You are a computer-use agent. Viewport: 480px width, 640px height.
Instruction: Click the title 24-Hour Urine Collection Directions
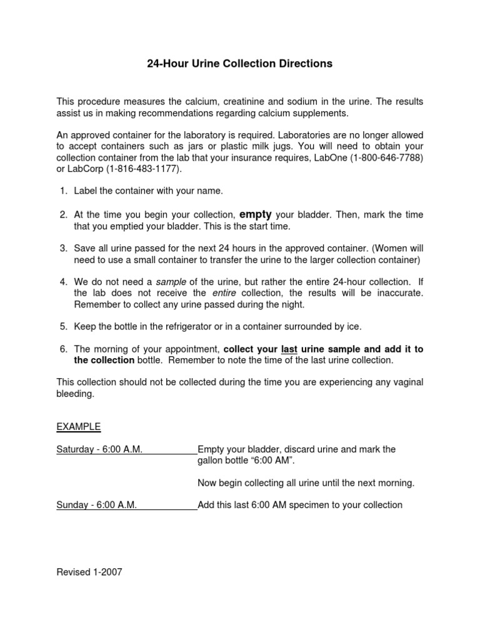(x=239, y=64)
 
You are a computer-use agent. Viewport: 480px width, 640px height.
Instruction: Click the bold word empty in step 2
(x=256, y=214)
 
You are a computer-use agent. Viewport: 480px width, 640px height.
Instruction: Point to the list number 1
(x=63, y=191)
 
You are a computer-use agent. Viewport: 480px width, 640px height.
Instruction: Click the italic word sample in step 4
(x=169, y=282)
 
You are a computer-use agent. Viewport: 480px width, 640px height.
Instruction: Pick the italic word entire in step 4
(x=224, y=293)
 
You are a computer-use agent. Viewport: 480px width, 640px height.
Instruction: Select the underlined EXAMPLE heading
(x=79, y=427)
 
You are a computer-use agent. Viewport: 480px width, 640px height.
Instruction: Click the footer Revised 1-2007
(x=89, y=572)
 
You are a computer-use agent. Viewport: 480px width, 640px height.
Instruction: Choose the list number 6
(x=63, y=349)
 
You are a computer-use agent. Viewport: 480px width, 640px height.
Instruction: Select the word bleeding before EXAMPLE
(x=75, y=394)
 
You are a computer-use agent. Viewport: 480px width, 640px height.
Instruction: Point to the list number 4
(x=63, y=282)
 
